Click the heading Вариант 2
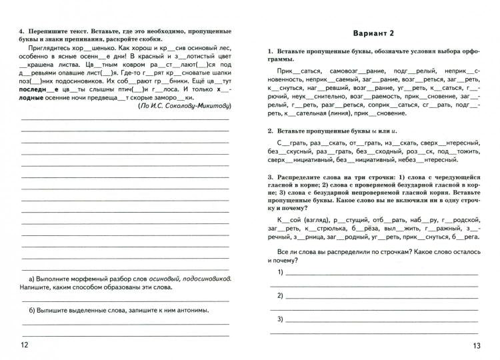tap(373, 33)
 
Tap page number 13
tap(475, 345)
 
